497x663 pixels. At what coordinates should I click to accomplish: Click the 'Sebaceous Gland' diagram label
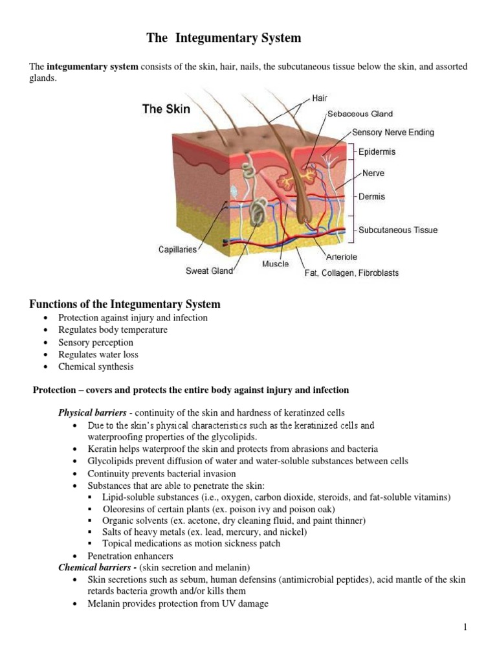click(x=360, y=114)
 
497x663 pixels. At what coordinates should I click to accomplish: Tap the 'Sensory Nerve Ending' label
click(x=393, y=133)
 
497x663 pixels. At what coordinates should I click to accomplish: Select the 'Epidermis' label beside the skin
click(x=377, y=152)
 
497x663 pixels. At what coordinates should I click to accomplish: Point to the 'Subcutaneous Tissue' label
click(x=398, y=230)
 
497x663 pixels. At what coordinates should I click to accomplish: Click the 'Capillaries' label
click(x=177, y=249)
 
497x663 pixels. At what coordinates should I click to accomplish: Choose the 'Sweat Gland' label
click(x=209, y=271)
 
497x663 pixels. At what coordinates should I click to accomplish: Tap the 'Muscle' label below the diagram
click(x=276, y=264)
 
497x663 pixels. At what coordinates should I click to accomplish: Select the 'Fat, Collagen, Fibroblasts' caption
click(x=351, y=273)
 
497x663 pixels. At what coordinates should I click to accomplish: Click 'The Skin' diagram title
click(x=166, y=109)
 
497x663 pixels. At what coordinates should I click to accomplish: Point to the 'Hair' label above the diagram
click(x=320, y=98)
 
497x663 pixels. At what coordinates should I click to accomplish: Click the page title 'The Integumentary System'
click(x=223, y=38)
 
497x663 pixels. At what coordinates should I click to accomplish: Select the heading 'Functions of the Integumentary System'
click(x=125, y=304)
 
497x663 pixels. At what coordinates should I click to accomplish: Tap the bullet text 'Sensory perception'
click(x=96, y=343)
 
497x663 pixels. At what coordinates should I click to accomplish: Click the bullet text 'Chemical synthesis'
click(x=96, y=366)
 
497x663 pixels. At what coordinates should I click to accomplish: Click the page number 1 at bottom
click(x=465, y=627)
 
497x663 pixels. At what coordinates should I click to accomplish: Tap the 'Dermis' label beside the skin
click(x=371, y=196)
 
